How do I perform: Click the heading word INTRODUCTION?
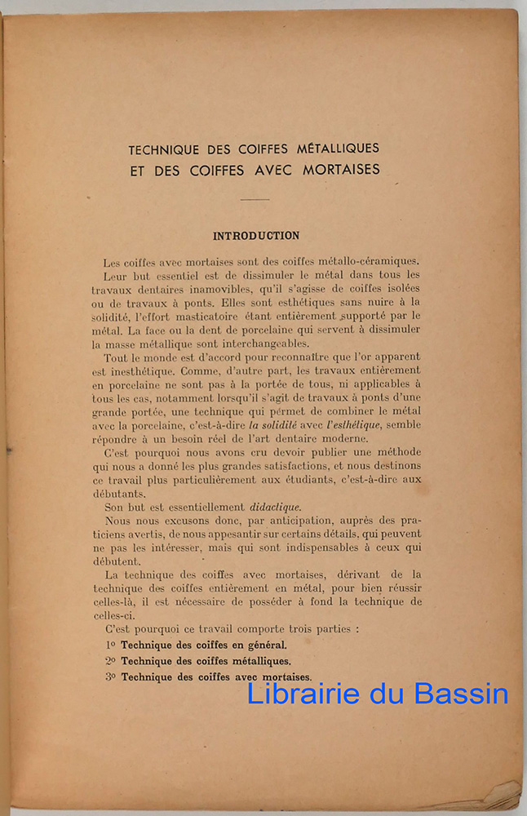click(x=256, y=236)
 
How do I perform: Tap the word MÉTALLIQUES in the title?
click(x=332, y=149)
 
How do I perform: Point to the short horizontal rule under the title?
click(x=255, y=198)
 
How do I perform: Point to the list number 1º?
click(x=111, y=645)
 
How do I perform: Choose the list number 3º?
click(x=111, y=677)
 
